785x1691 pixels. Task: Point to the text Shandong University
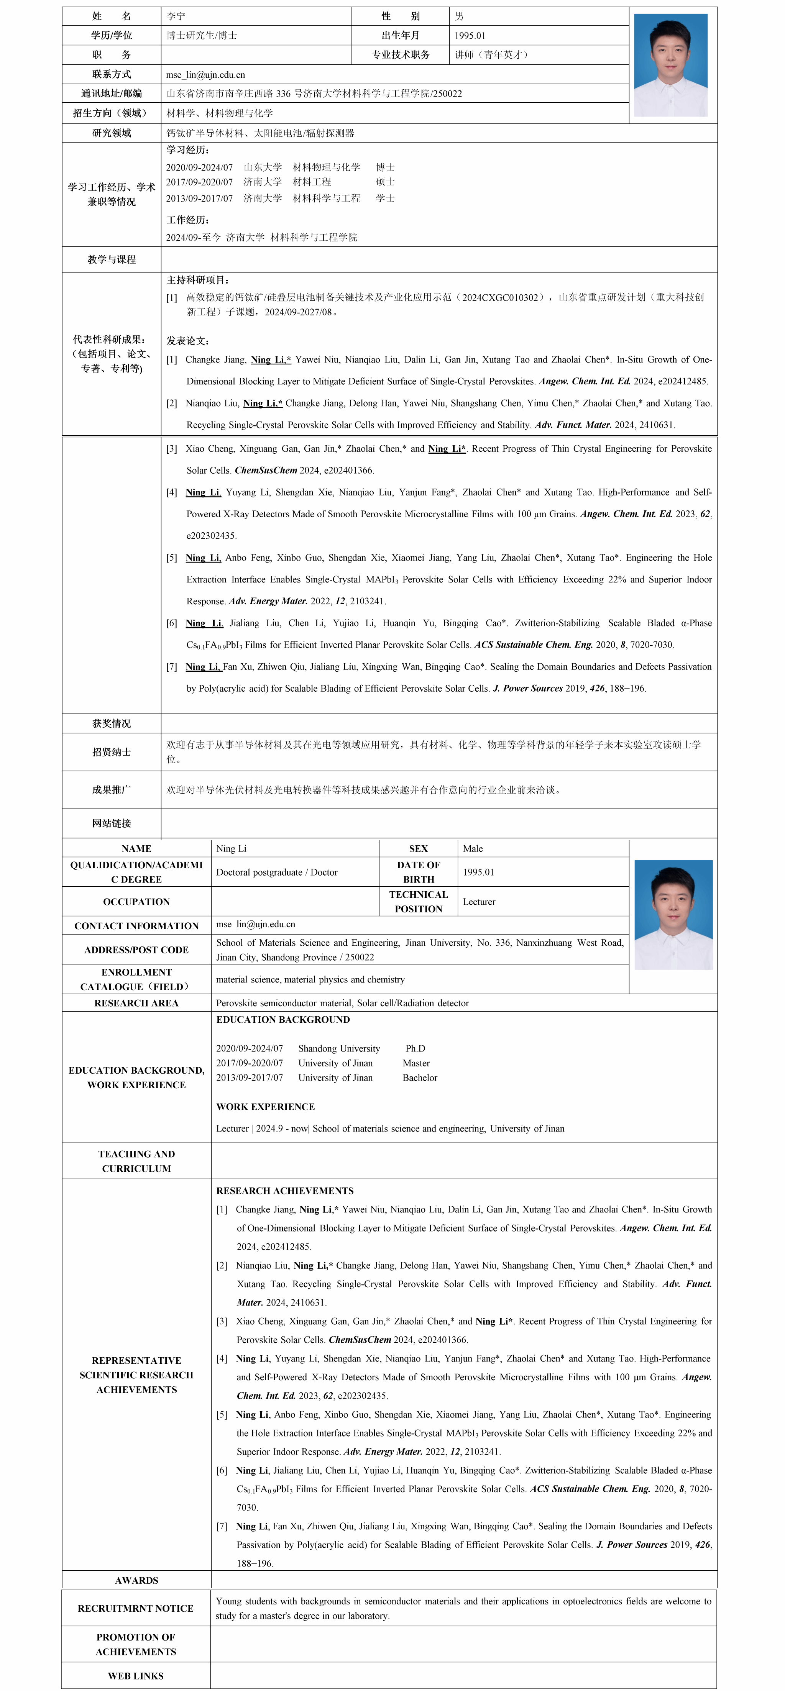(339, 1048)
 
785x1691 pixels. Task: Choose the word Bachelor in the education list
(420, 1077)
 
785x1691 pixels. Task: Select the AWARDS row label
(136, 1580)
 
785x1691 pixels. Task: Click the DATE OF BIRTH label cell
(419, 872)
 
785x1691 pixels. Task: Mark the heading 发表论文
(188, 341)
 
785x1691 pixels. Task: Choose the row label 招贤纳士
(112, 752)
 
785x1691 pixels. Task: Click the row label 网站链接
(112, 823)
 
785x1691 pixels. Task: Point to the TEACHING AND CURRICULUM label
(136, 1161)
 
